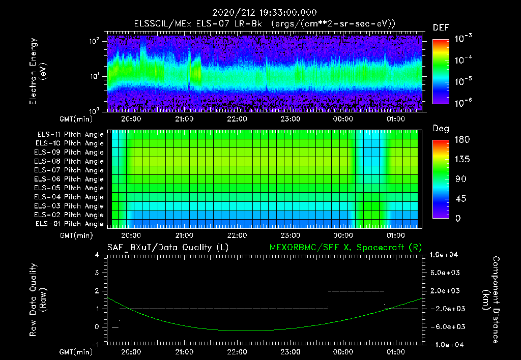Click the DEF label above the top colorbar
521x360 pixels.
tap(441, 27)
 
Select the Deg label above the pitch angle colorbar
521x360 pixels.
tap(441, 129)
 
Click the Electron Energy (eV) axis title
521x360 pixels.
tap(38, 72)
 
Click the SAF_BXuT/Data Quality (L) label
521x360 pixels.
tap(167, 247)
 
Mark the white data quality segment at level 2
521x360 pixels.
tap(356, 291)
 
